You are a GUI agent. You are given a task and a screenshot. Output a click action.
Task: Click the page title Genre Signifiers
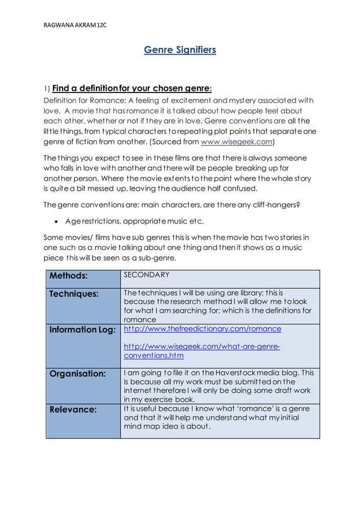tap(179, 51)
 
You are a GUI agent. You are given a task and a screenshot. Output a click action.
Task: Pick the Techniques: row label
tap(74, 294)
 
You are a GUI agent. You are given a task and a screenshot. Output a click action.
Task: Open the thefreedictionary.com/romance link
tap(202, 328)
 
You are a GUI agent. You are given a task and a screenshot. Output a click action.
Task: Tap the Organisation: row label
tap(78, 374)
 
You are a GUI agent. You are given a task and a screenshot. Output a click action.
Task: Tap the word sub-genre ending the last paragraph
tap(157, 259)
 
